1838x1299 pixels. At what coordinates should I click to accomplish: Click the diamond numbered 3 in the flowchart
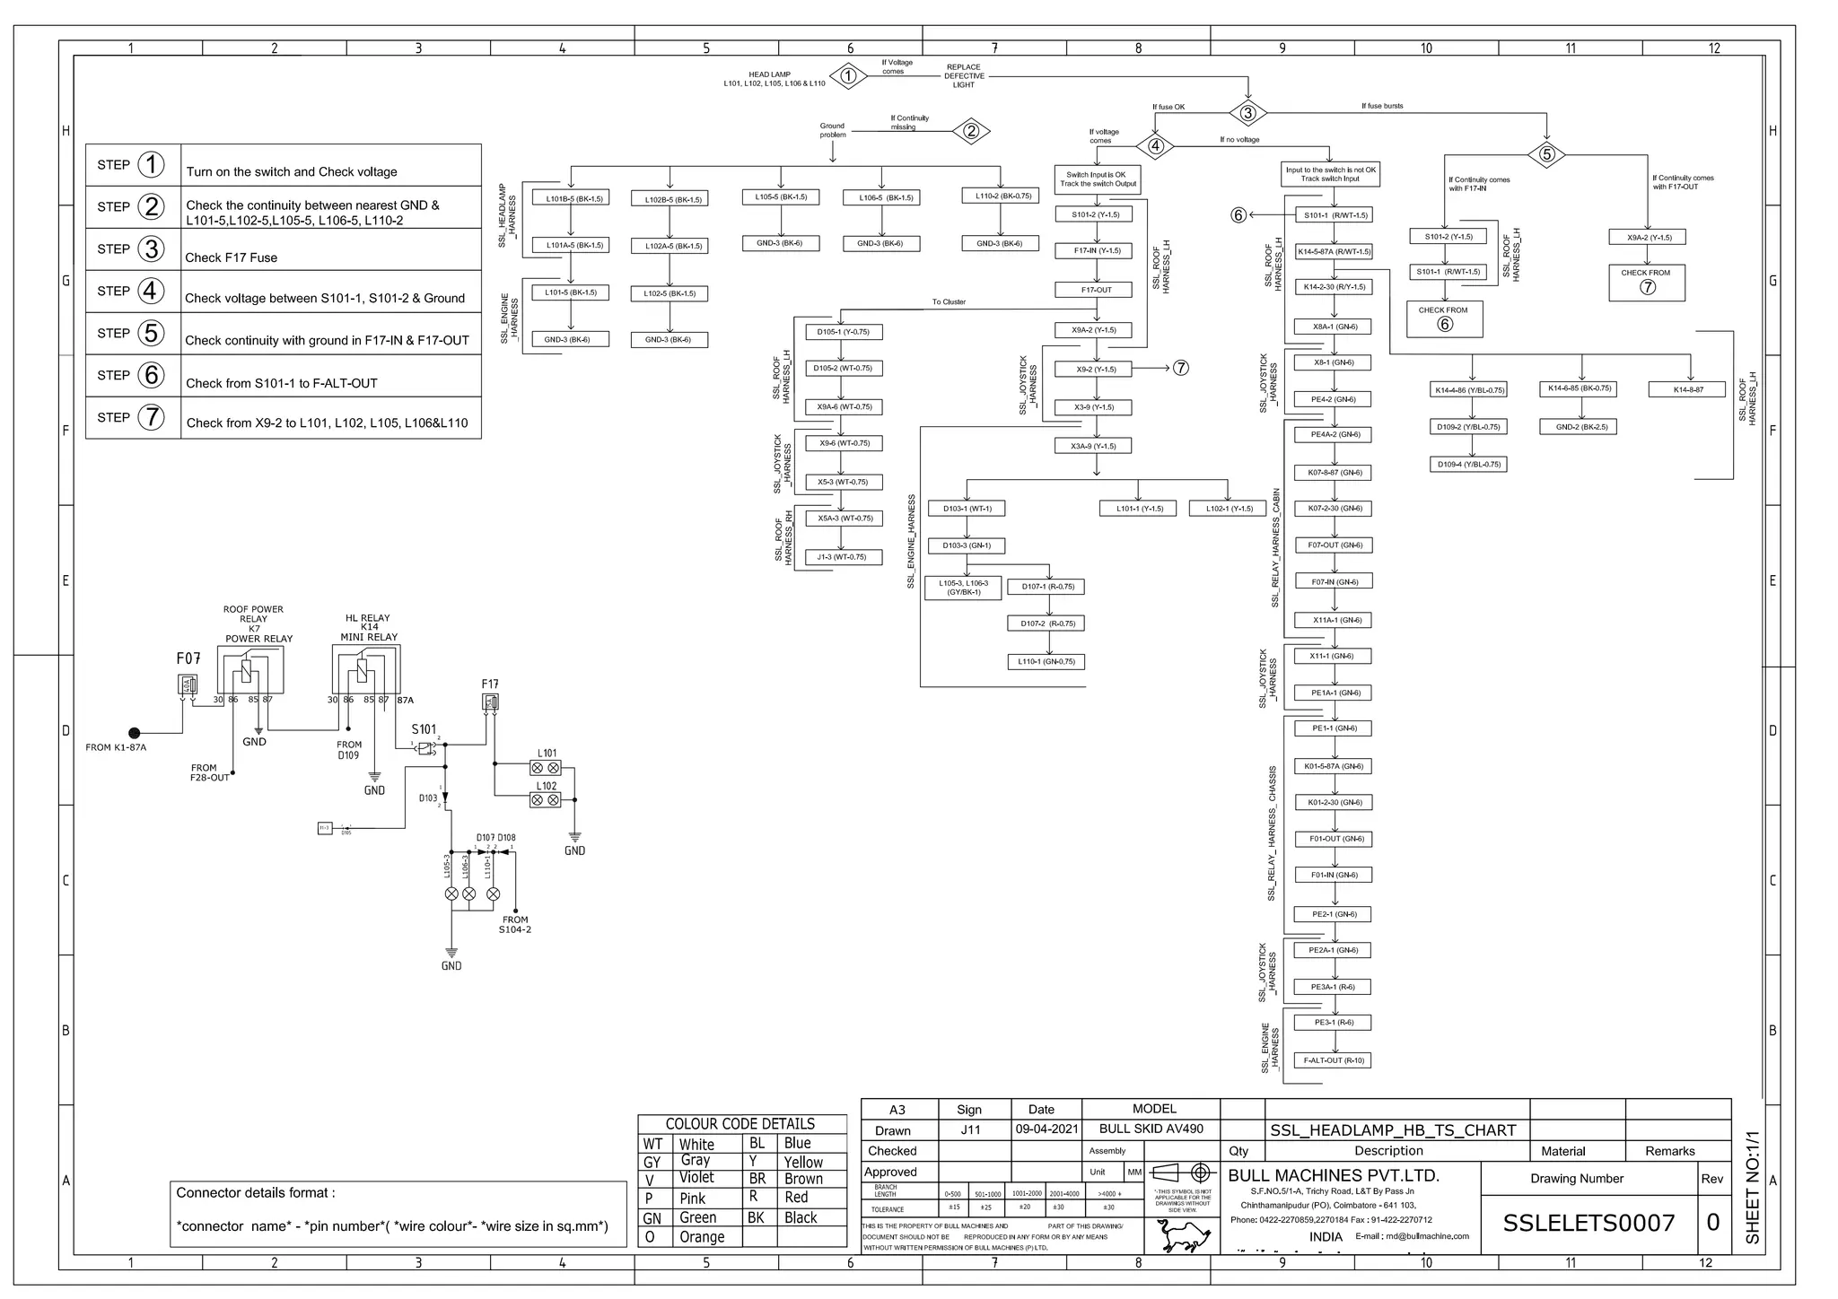pyautogui.click(x=1247, y=113)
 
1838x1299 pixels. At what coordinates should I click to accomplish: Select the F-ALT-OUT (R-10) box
pyautogui.click(x=1334, y=1060)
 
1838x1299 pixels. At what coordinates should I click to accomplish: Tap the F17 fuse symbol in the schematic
pyautogui.click(x=491, y=702)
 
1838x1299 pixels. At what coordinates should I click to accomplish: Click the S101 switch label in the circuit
pyautogui.click(x=424, y=729)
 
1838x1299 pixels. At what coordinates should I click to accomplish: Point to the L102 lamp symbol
pyautogui.click(x=546, y=799)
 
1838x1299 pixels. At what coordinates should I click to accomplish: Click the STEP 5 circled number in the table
pyautogui.click(x=151, y=333)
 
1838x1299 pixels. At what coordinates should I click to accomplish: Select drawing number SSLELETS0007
pyautogui.click(x=1589, y=1223)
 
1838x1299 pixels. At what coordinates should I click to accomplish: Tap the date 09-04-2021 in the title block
pyautogui.click(x=1046, y=1129)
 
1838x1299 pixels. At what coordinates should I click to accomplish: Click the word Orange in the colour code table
pyautogui.click(x=701, y=1237)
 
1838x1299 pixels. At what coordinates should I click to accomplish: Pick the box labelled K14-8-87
pyautogui.click(x=1687, y=389)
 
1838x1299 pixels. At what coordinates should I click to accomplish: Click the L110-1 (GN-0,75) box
pyautogui.click(x=1046, y=662)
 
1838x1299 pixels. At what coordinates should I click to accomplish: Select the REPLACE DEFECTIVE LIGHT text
pyautogui.click(x=964, y=76)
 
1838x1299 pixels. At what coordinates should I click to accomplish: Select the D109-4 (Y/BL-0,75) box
pyautogui.click(x=1468, y=465)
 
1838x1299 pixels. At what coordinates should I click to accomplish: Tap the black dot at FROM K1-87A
pyautogui.click(x=135, y=733)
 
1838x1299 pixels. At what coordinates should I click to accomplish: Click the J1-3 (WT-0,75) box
pyautogui.click(x=842, y=557)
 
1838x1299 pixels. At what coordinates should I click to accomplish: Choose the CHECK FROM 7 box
pyautogui.click(x=1646, y=282)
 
